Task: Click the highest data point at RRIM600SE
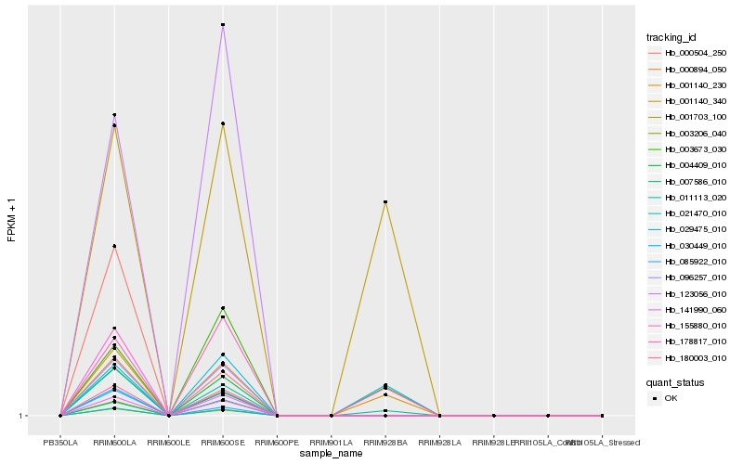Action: click(223, 25)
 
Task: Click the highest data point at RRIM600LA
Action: click(114, 115)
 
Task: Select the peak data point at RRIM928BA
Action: click(385, 202)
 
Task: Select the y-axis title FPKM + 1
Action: click(11, 221)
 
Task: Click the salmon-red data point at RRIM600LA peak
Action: click(114, 246)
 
